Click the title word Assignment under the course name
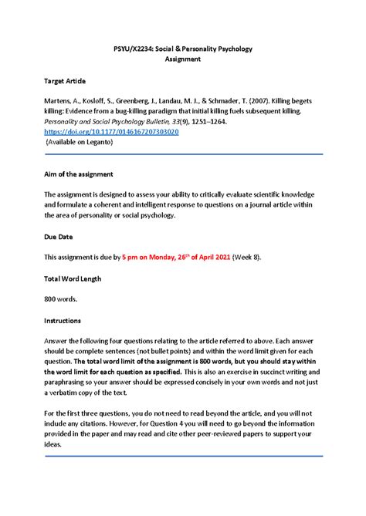(x=183, y=59)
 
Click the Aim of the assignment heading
(x=79, y=175)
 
